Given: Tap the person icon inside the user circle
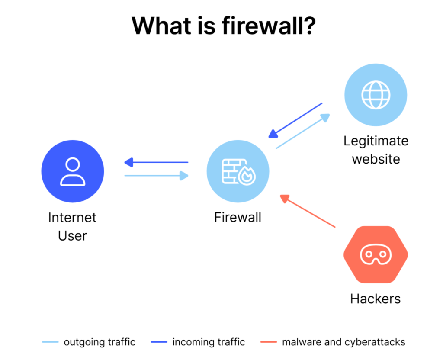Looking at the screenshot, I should pyautogui.click(x=73, y=172).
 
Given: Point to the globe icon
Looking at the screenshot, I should pyautogui.click(x=376, y=94).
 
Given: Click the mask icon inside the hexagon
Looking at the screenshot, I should pyautogui.click(x=376, y=255).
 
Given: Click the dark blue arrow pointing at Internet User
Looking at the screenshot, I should pyautogui.click(x=156, y=163).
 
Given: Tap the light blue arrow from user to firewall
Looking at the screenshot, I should pyautogui.click(x=156, y=176).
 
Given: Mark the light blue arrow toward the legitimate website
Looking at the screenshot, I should pyautogui.click(x=303, y=132).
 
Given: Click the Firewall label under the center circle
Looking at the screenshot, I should pyautogui.click(x=238, y=217).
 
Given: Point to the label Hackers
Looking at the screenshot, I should pyautogui.click(x=375, y=299).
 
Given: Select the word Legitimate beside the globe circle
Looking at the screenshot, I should pyautogui.click(x=376, y=141).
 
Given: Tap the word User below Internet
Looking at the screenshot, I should pyautogui.click(x=73, y=236).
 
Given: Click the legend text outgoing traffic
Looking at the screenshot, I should pyautogui.click(x=100, y=342).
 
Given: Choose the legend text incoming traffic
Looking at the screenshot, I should pyautogui.click(x=209, y=342).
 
